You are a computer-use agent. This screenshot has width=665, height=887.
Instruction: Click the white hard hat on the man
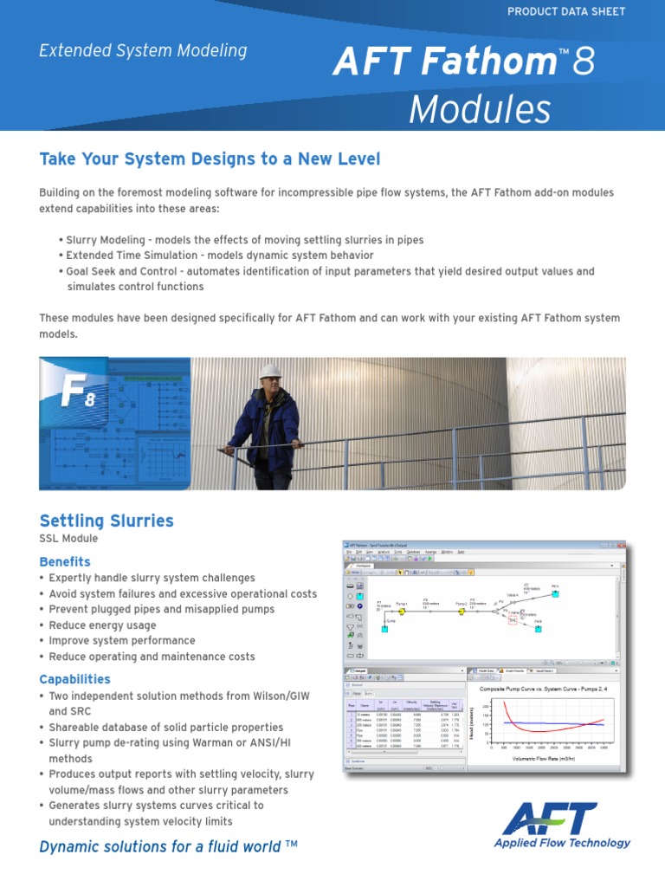click(x=270, y=372)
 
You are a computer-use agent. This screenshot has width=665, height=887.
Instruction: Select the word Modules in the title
click(x=479, y=110)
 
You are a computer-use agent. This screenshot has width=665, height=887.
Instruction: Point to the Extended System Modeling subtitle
click(x=143, y=51)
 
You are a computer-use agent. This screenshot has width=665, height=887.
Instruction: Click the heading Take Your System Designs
click(x=210, y=159)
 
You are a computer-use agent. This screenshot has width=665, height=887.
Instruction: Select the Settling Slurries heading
click(x=107, y=521)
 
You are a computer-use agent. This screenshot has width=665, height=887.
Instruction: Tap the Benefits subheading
click(x=65, y=561)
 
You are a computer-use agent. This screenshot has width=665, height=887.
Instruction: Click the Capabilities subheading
click(x=75, y=678)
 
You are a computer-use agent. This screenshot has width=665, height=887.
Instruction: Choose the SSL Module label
click(x=69, y=539)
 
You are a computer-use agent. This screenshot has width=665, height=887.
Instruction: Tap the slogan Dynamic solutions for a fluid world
click(x=168, y=846)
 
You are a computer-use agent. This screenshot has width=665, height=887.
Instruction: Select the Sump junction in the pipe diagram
click(x=384, y=627)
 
